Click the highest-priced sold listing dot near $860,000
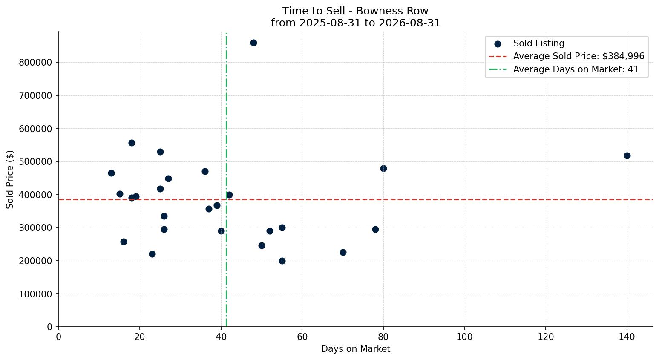point(253,43)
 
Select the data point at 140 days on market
point(627,156)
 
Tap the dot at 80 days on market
point(383,169)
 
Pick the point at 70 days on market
point(343,252)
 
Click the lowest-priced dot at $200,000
point(282,261)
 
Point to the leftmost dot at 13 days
point(111,173)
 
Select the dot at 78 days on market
point(375,229)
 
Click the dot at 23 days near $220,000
point(152,254)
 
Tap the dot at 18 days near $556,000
point(132,143)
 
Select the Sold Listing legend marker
point(498,44)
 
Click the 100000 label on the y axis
point(36,294)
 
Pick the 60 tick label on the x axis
point(302,337)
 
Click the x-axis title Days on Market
point(356,349)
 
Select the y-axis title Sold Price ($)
point(10,179)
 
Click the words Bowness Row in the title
point(392,11)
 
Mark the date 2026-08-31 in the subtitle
point(409,23)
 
